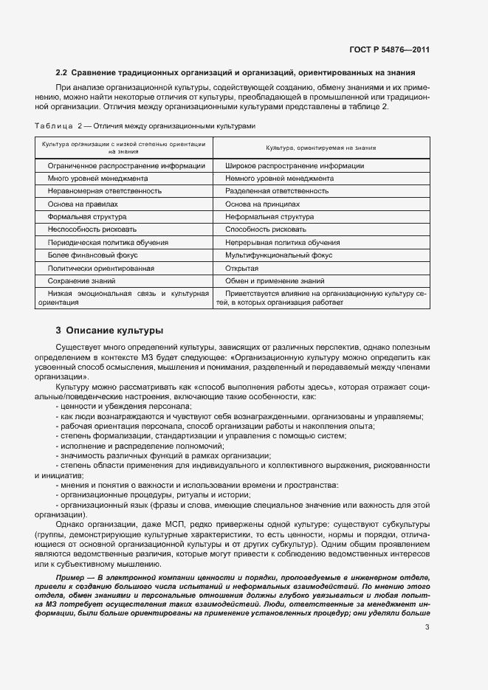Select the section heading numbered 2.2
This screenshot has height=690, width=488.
pos(235,72)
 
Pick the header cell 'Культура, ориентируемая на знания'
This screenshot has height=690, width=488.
pos(320,148)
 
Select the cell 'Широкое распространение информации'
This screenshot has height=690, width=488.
pos(284,166)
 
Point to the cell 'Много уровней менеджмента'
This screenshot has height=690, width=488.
pos(98,179)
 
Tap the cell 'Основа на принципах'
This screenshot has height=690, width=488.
pos(263,203)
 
